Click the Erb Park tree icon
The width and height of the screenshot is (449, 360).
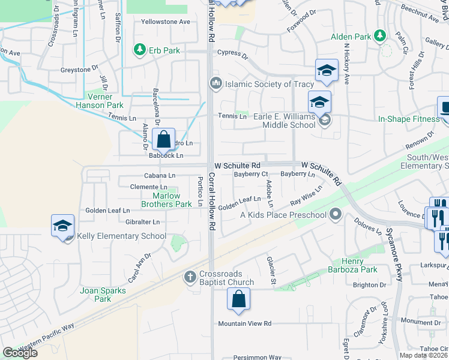[139, 49]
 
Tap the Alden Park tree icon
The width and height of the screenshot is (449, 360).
[379, 37]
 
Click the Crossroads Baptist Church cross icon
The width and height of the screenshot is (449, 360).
[190, 276]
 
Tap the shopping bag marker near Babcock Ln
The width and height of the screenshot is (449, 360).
[164, 141]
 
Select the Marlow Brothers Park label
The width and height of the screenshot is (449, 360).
[166, 200]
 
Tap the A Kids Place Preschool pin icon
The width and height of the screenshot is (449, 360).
[335, 214]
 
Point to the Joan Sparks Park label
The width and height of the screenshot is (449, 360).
[103, 295]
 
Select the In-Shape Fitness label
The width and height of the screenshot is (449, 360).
[409, 119]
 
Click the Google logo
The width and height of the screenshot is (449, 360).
[20, 353]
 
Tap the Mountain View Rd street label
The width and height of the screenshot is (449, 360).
[245, 323]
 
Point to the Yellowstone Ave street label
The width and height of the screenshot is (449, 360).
[165, 22]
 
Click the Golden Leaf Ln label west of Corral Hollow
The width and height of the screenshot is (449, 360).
[107, 211]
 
